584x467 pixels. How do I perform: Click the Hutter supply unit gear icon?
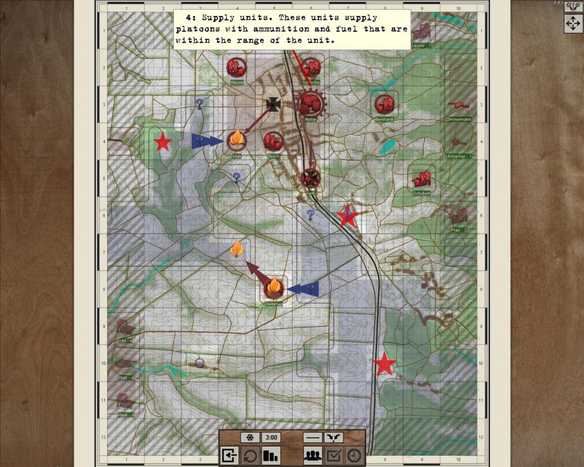[311, 104]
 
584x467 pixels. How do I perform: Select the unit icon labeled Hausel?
[236, 68]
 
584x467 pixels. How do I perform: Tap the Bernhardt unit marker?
[385, 104]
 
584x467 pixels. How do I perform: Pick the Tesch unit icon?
[273, 141]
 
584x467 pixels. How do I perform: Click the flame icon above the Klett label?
[237, 139]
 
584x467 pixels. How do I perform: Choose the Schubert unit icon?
[422, 180]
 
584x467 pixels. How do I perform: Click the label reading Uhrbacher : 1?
[459, 156]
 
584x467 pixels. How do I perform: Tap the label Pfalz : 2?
[459, 230]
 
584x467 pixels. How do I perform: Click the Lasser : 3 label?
[421, 45]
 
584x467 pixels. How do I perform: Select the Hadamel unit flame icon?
[274, 289]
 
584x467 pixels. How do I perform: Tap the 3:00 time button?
[271, 438]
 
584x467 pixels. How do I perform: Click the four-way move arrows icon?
[573, 23]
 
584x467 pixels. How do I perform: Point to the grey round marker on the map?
[200, 363]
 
